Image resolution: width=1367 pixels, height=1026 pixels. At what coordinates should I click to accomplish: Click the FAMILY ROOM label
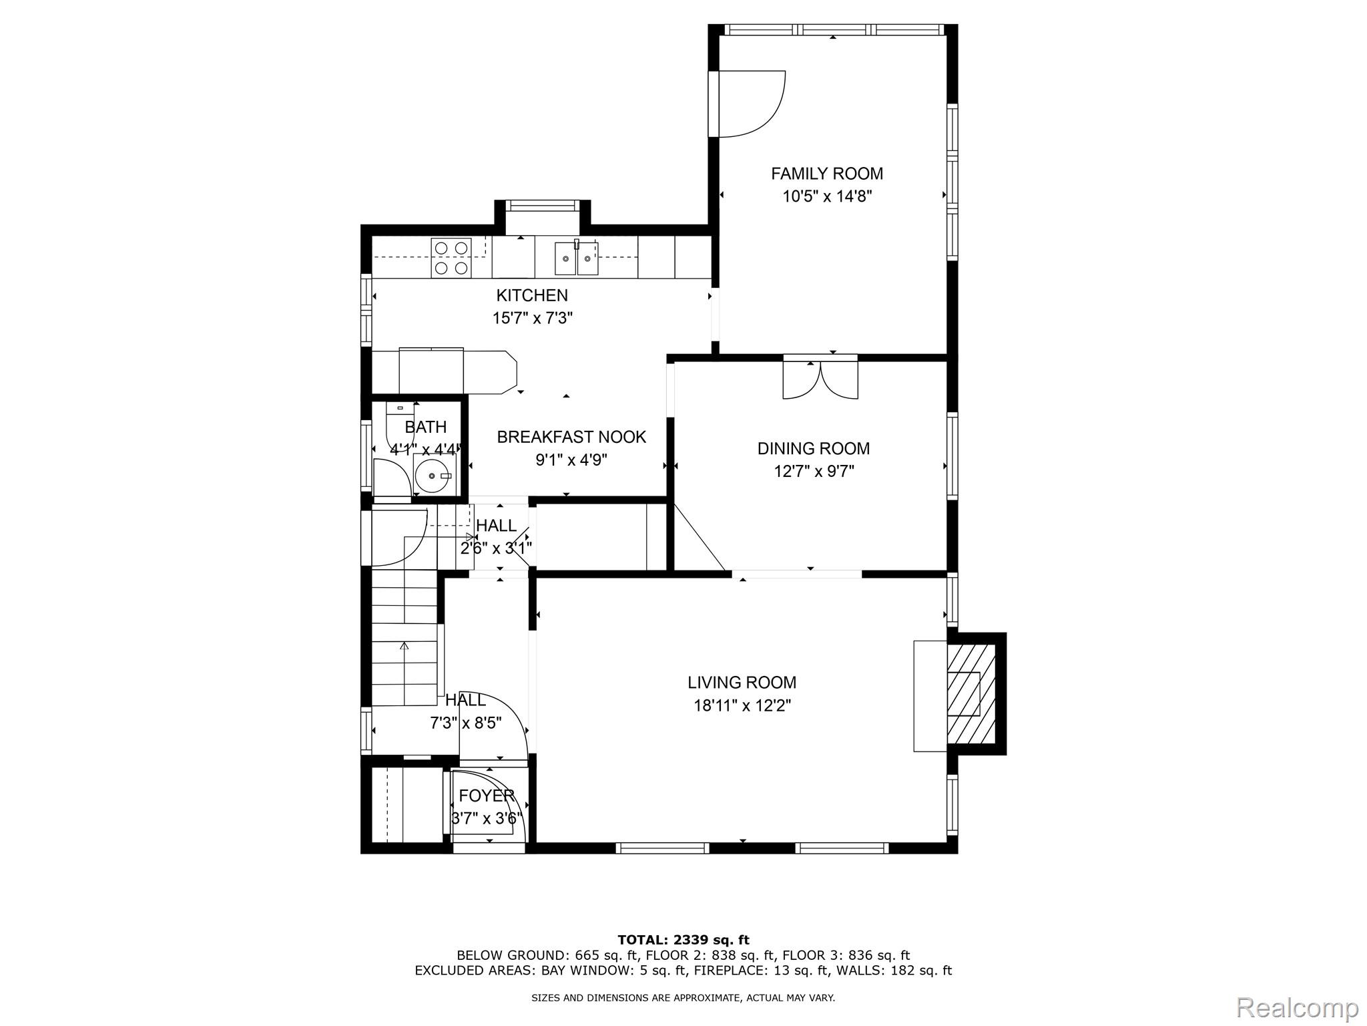(827, 174)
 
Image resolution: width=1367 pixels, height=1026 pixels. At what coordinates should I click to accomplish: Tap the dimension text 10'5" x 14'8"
(827, 196)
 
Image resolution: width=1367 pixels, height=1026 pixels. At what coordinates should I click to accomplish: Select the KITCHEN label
(532, 295)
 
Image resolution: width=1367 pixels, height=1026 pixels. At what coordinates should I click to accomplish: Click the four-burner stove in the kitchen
(451, 258)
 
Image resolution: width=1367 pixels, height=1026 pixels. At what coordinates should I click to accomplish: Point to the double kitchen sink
(576, 259)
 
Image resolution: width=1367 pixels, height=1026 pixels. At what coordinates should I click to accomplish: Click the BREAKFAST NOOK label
(571, 437)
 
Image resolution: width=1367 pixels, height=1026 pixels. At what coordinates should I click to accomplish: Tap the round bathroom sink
(433, 476)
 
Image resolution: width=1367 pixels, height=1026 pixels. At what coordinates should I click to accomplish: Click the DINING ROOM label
(813, 448)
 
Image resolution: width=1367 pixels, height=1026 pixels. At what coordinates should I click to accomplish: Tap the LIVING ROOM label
(742, 683)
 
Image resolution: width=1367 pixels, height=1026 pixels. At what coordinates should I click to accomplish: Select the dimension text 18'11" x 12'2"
(742, 705)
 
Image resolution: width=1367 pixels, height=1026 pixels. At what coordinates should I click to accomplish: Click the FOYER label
(487, 796)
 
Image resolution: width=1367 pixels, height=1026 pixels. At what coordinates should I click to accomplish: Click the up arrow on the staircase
(404, 647)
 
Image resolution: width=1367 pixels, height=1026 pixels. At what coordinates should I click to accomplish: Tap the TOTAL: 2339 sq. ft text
(683, 940)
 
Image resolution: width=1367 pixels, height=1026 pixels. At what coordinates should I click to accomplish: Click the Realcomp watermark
(1297, 1007)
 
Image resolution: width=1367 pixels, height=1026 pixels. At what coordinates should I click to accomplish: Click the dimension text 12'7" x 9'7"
(813, 472)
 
